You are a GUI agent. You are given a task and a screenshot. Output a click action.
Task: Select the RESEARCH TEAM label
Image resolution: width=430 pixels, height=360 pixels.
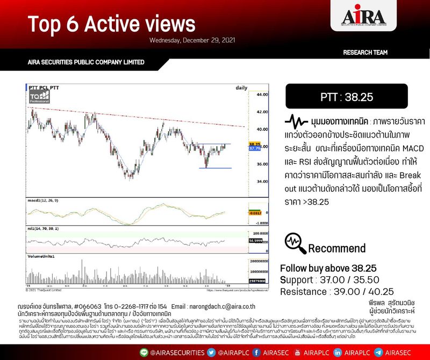(x=365, y=53)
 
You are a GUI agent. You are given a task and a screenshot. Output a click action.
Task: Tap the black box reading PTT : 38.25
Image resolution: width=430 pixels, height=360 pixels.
(x=347, y=97)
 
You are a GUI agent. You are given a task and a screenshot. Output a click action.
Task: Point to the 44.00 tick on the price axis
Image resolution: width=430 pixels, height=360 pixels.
(x=262, y=95)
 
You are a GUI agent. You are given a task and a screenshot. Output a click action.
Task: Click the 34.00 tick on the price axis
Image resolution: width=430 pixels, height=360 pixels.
(x=262, y=182)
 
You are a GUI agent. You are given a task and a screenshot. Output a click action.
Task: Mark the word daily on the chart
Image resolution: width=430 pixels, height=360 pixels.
(x=242, y=87)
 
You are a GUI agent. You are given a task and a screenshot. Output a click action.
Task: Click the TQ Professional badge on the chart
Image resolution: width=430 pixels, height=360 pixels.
(x=39, y=97)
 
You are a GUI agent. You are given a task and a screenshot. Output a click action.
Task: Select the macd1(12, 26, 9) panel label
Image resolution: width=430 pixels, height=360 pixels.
(x=46, y=200)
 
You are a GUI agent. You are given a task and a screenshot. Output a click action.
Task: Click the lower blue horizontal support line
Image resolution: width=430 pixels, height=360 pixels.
(x=214, y=168)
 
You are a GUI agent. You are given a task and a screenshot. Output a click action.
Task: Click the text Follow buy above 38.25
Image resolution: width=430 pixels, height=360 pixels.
(x=328, y=268)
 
